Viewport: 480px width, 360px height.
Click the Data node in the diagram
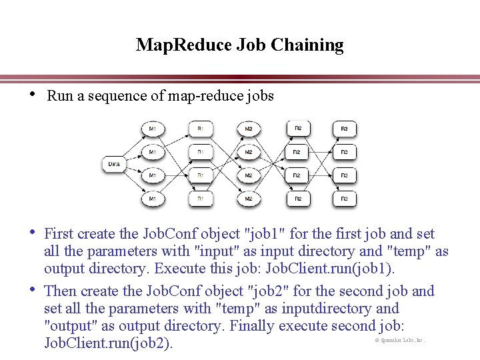pyautogui.click(x=113, y=163)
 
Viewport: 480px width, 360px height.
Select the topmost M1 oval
pyautogui.click(x=153, y=129)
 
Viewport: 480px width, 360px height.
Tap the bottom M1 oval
pyautogui.click(x=153, y=199)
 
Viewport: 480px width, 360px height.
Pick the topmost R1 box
pyautogui.click(x=201, y=129)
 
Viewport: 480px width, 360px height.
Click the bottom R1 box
pyautogui.click(x=201, y=199)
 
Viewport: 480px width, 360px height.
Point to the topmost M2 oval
pyautogui.click(x=248, y=129)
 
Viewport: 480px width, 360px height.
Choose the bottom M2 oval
pyautogui.click(x=248, y=199)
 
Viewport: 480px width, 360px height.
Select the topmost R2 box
pyautogui.click(x=298, y=129)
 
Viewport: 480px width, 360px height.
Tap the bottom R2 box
pyautogui.click(x=298, y=199)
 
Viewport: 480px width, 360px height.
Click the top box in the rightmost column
pyautogui.click(x=344, y=129)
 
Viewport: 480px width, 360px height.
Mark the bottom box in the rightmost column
pyautogui.click(x=344, y=199)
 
